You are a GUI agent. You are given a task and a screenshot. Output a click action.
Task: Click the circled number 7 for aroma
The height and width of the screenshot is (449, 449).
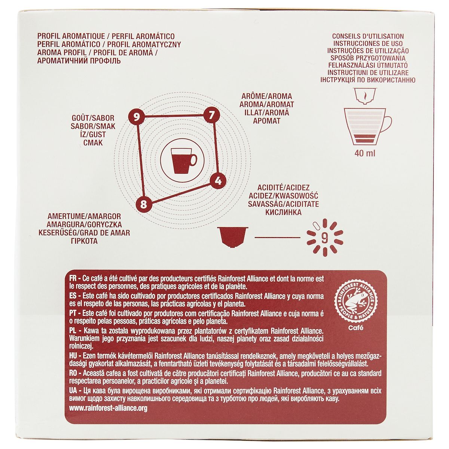pyautogui.click(x=211, y=115)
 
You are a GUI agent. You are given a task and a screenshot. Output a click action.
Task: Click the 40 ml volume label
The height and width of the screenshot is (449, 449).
pyautogui.click(x=368, y=153)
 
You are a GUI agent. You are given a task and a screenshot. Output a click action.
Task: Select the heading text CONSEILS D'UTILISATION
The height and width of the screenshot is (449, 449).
pyautogui.click(x=368, y=36)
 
